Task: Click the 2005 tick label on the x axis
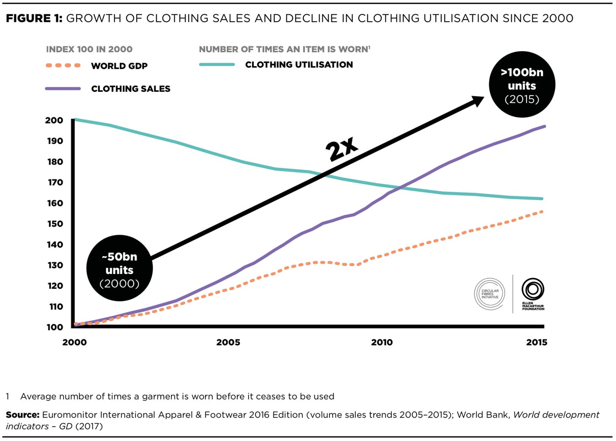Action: click(228, 342)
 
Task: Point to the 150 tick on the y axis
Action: click(55, 224)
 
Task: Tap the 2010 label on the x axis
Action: click(382, 342)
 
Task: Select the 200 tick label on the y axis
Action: click(54, 120)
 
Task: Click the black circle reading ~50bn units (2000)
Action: click(120, 269)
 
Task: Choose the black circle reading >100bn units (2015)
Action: click(522, 85)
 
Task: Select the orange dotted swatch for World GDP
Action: click(63, 66)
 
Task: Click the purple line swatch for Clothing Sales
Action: click(63, 89)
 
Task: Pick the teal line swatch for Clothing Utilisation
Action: click(217, 65)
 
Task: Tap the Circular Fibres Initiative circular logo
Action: click(489, 294)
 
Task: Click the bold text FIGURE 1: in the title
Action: click(34, 18)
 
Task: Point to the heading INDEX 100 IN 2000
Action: click(89, 49)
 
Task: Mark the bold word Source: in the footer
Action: click(22, 415)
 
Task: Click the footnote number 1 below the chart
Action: click(8, 397)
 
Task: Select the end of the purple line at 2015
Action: click(544, 126)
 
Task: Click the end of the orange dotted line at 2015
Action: click(542, 211)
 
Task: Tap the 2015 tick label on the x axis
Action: click(536, 342)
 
